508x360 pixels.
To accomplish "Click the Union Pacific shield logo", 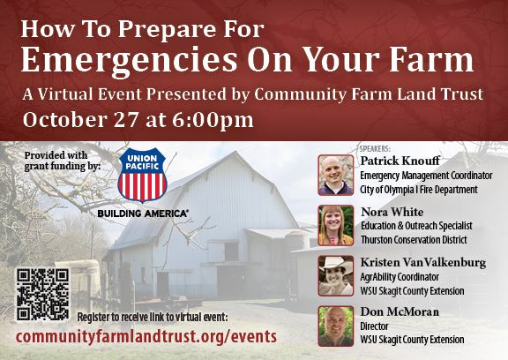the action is click(x=142, y=176).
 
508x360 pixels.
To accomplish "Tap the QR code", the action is click(x=42, y=294).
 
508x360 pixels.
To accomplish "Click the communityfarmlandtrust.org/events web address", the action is click(x=146, y=337).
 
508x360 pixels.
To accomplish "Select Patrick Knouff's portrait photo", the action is click(x=336, y=175).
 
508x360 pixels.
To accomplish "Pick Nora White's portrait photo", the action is click(x=336, y=226).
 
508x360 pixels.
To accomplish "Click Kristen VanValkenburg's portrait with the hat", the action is click(x=336, y=276).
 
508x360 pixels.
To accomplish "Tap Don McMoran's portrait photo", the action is click(x=336, y=326).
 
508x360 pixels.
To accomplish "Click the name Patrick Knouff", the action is click(x=400, y=161).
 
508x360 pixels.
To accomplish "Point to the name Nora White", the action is click(x=392, y=212).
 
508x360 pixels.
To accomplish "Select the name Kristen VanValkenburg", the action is click(x=423, y=262).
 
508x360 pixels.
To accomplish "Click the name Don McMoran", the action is click(x=400, y=311).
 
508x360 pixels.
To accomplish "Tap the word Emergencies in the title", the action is click(x=130, y=61).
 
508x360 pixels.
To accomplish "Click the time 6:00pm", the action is click(x=213, y=120).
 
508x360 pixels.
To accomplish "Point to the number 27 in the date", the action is click(x=127, y=120).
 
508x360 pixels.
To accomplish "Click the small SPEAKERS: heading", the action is click(x=375, y=149).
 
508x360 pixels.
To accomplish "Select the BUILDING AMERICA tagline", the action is click(x=143, y=214).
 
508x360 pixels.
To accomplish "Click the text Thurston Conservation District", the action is click(x=414, y=240).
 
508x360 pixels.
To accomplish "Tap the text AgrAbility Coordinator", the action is click(x=400, y=277).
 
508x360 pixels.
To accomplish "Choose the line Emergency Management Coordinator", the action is click(x=426, y=176).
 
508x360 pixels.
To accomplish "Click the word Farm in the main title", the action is click(x=431, y=60).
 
